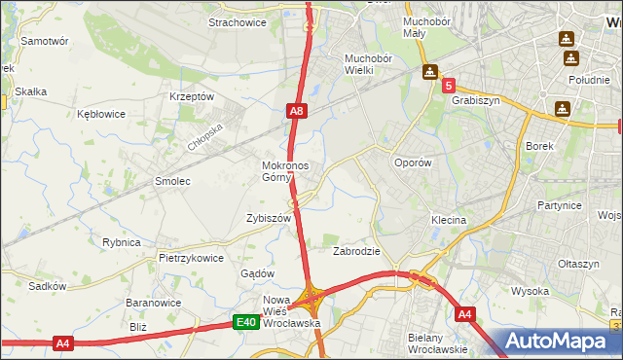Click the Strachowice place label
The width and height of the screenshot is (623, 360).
tap(238, 21)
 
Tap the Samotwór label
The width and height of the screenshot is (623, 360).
tap(44, 42)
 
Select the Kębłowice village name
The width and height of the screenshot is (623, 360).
tap(101, 114)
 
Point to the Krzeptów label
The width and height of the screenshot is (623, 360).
tap(191, 96)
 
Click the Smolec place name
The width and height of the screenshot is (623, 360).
tap(172, 181)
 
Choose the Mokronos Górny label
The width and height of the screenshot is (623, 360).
tap(285, 171)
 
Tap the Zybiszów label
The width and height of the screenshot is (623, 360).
tap(270, 219)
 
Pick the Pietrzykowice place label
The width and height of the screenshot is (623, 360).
tap(192, 259)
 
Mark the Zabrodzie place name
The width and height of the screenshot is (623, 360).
tap(356, 251)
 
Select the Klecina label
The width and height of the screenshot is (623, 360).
tap(449, 221)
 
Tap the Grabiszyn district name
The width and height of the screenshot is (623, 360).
tap(475, 99)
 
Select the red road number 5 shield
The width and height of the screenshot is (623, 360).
tap(449, 87)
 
